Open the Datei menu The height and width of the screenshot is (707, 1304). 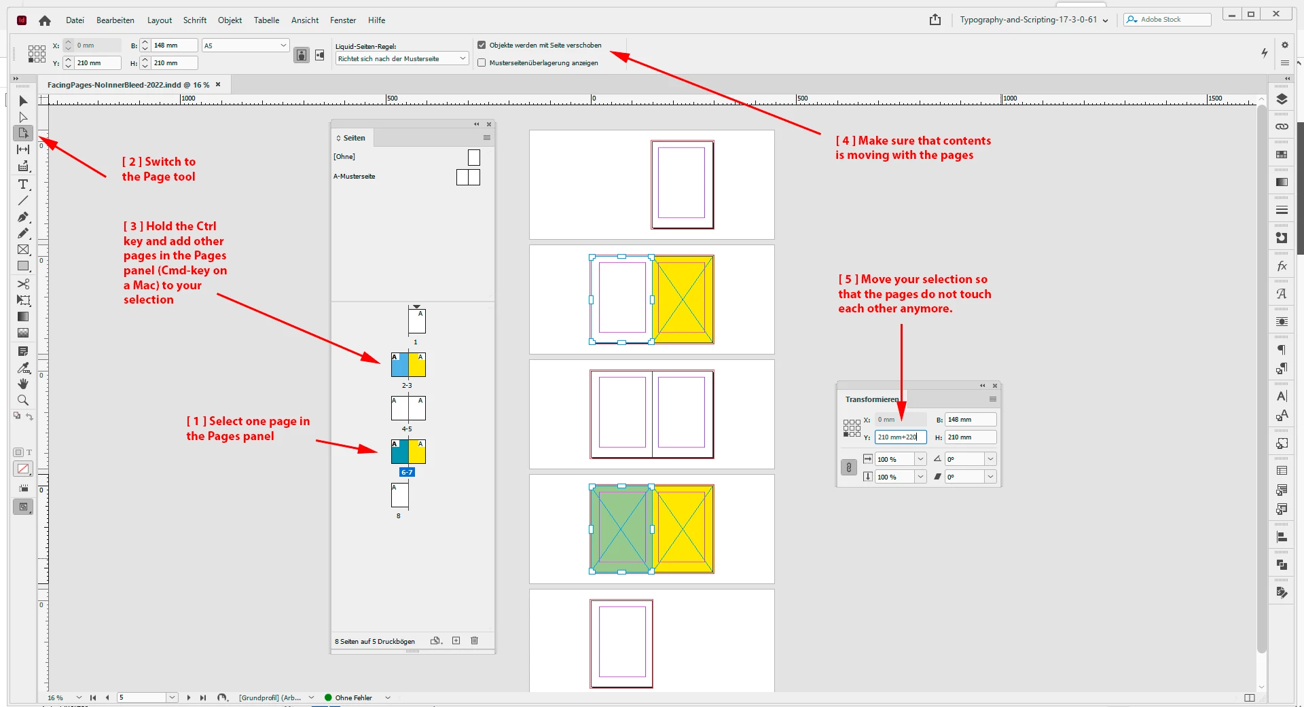click(75, 20)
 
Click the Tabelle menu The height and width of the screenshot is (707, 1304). click(266, 20)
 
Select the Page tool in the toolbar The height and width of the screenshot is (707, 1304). click(23, 133)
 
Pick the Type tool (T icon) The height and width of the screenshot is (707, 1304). click(23, 184)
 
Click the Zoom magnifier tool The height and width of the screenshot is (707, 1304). click(23, 400)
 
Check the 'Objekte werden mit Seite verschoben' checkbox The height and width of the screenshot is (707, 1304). click(482, 46)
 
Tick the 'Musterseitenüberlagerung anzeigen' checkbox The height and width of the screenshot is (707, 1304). click(482, 63)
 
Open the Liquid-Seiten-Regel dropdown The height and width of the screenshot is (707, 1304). click(402, 59)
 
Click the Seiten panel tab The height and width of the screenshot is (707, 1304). click(353, 138)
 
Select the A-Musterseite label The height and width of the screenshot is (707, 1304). click(354, 177)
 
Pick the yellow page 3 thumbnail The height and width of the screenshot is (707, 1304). click(417, 365)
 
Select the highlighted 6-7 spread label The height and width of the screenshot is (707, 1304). click(407, 472)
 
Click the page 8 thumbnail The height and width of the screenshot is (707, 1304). click(399, 495)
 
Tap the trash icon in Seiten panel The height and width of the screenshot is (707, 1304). click(475, 640)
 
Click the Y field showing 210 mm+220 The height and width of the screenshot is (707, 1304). click(901, 437)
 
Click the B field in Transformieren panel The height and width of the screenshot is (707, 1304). click(970, 420)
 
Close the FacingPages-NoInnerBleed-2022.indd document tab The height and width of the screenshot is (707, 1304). click(218, 85)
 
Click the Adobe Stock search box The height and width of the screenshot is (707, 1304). click(1167, 20)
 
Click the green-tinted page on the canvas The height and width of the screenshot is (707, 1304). click(621, 529)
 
